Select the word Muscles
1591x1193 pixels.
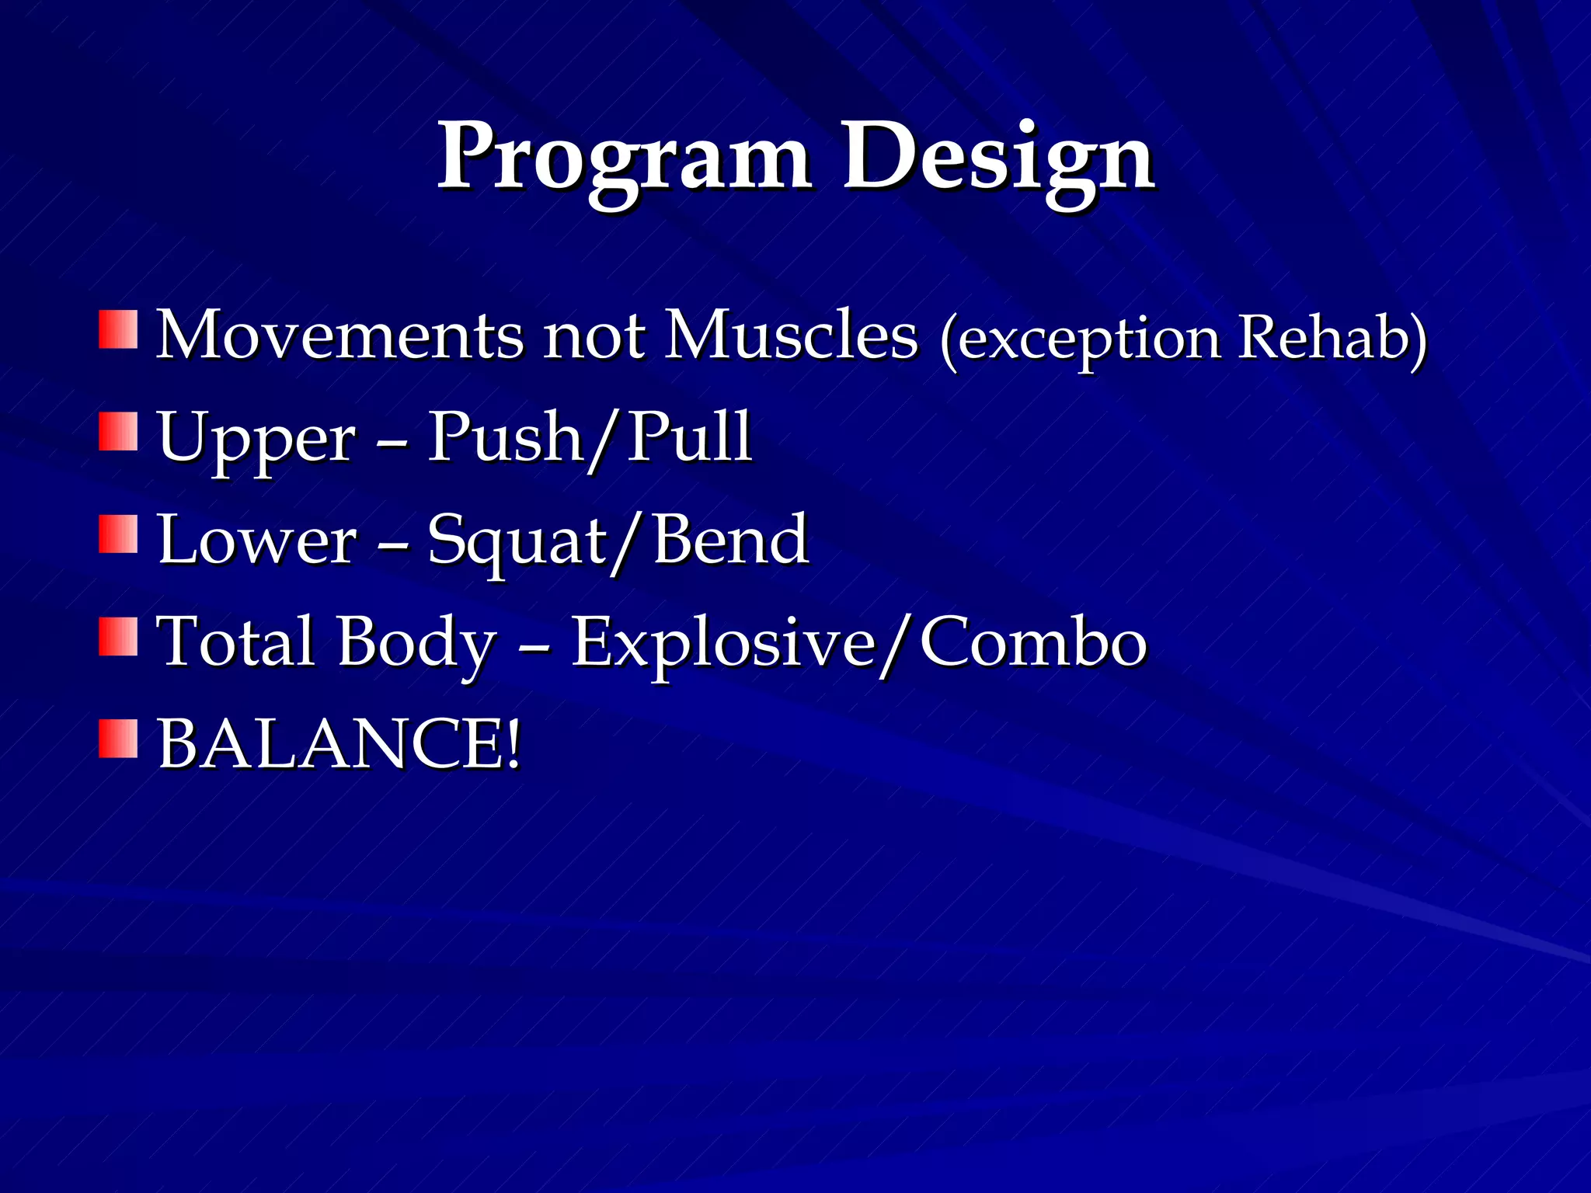pyautogui.click(x=792, y=336)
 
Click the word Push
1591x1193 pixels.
pyautogui.click(x=506, y=437)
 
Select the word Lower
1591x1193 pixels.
pyautogui.click(x=257, y=540)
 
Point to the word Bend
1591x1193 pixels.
pyautogui.click(x=731, y=540)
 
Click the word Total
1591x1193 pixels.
pyautogui.click(x=236, y=642)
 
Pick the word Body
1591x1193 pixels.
pyautogui.click(x=416, y=643)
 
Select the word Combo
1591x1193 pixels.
pyautogui.click(x=1033, y=643)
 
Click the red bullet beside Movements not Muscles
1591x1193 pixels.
pyautogui.click(x=118, y=330)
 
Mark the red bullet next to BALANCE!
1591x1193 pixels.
pyautogui.click(x=118, y=739)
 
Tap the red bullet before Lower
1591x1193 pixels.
pyautogui.click(x=118, y=534)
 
